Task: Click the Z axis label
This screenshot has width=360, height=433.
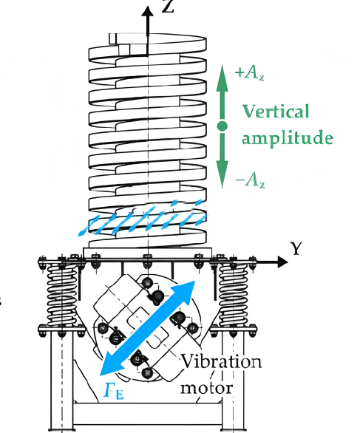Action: click(169, 6)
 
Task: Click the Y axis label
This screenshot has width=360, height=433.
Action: click(296, 248)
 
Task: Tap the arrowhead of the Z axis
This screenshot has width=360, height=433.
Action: click(148, 13)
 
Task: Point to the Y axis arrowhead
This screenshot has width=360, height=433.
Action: click(282, 262)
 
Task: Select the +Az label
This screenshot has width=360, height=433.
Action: click(249, 73)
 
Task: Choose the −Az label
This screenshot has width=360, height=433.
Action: click(251, 180)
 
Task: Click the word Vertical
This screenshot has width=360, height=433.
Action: click(276, 112)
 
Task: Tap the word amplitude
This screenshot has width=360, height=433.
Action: click(288, 137)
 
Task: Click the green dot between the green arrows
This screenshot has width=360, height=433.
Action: click(222, 126)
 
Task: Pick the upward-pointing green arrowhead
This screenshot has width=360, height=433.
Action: click(222, 78)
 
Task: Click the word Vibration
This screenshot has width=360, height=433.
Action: click(221, 361)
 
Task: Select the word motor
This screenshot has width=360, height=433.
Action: click(207, 388)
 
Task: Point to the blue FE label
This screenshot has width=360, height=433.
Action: click(114, 390)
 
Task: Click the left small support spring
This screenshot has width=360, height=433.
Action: click(61, 294)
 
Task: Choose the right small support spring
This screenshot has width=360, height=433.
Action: click(234, 294)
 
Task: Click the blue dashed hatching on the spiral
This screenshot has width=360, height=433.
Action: click(142, 218)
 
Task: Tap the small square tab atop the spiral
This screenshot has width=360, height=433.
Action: click(112, 38)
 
